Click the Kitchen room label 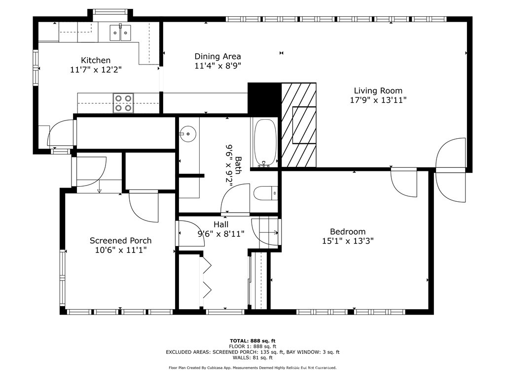[96, 60]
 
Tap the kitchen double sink [120, 32]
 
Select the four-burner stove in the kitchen [123, 103]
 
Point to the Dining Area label [217, 56]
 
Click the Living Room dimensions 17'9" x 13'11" [378, 100]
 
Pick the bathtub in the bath [265, 143]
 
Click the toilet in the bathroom [265, 193]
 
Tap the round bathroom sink [187, 134]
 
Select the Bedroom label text [348, 231]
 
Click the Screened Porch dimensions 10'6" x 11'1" [121, 250]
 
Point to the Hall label [221, 224]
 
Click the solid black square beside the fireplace [264, 99]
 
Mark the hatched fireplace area [299, 125]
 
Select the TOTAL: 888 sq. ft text [252, 341]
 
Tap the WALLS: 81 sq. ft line [252, 357]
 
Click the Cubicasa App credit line [252, 368]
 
